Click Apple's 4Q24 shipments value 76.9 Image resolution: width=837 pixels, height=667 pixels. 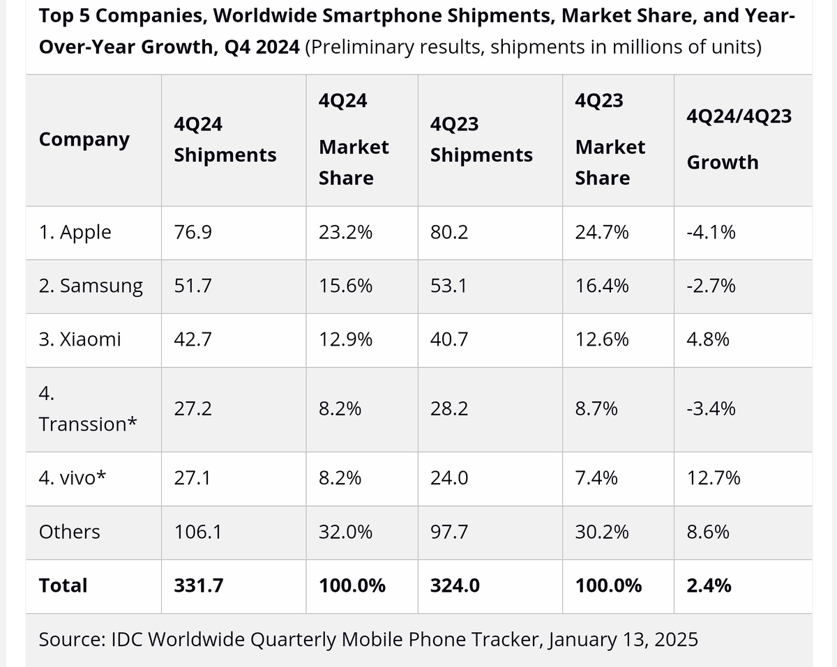193,232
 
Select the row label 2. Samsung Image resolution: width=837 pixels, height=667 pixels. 91,286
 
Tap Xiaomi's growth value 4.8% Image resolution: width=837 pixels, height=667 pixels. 708,339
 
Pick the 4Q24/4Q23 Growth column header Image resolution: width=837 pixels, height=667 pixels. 739,139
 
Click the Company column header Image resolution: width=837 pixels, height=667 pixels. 84,139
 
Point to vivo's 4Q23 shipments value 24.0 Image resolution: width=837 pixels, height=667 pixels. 449,477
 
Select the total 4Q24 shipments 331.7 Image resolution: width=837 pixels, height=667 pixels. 199,585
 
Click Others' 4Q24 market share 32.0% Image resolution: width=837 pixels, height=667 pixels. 345,532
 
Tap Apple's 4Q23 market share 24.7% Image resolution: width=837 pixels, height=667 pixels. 601,232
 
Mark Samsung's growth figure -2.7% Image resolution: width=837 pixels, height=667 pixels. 711,286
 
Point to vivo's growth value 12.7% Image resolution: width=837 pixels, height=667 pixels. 714,477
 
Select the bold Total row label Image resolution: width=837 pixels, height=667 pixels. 63,585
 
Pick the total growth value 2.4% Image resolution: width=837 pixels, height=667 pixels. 709,585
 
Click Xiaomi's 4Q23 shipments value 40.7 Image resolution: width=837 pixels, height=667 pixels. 449,339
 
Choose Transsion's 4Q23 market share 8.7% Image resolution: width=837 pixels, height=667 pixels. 596,409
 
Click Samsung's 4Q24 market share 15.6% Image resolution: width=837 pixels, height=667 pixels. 345,286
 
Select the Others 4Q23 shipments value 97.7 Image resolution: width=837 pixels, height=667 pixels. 449,532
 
